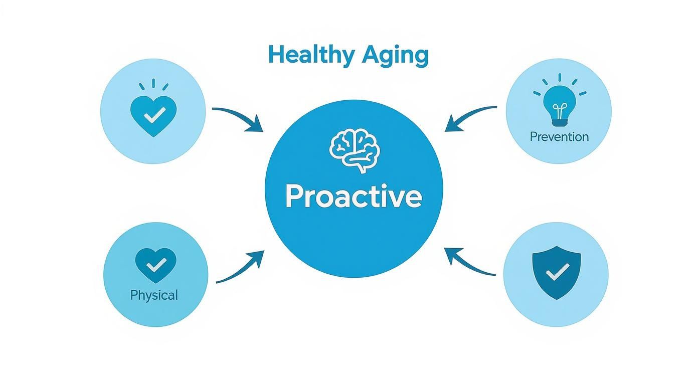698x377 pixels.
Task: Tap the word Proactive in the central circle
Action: [354, 197]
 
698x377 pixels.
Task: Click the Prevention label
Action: [559, 137]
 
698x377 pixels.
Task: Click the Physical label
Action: [154, 295]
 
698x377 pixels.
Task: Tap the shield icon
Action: [556, 275]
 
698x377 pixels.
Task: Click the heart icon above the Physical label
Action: [156, 265]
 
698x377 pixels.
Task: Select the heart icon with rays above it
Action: [153, 115]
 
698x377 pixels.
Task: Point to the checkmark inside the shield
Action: [557, 273]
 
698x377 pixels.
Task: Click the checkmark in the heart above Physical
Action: [156, 263]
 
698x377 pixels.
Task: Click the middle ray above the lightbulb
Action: [559, 78]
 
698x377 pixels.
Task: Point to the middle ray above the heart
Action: [153, 83]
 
